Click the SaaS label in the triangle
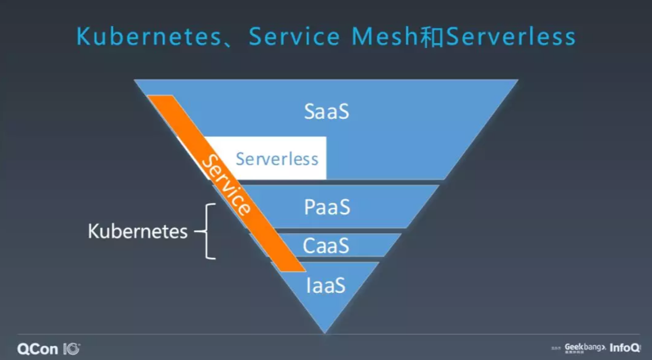327,111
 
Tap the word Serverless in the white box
277,159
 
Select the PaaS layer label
327,207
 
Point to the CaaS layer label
326,245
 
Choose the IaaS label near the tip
325,285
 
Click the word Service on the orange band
226,186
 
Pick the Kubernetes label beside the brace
138,232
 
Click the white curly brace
208,231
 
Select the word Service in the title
294,37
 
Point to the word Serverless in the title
510,37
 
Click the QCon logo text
37,348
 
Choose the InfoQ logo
625,347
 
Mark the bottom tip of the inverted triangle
325,332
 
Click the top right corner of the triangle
517,80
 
